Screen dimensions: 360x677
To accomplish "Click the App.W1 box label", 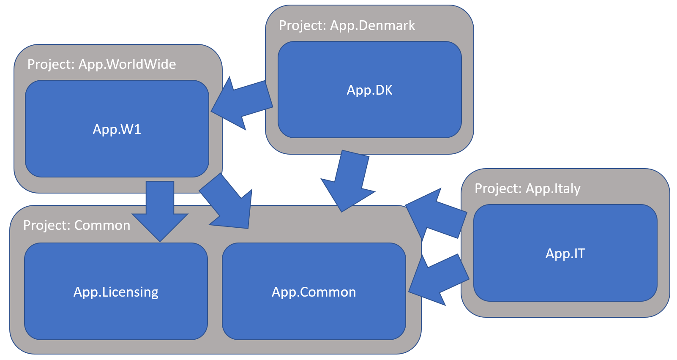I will pos(117,129).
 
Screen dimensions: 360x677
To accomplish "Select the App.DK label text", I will pos(369,90).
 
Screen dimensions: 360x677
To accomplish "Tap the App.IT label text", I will pos(565,254).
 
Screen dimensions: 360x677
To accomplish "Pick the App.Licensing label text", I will pos(116,292).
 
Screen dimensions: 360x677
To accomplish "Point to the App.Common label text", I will pos(314,292).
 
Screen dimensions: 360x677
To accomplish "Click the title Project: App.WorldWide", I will pos(101,64).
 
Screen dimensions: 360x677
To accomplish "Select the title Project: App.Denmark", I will pos(347,25).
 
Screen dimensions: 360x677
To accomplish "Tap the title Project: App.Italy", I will pos(527,188).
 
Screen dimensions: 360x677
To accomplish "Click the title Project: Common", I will pos(76,225).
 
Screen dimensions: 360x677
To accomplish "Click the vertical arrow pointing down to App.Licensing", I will pos(160,207).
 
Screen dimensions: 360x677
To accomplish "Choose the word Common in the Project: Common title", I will pos(102,225).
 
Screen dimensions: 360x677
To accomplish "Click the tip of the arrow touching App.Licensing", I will pos(160,240).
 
